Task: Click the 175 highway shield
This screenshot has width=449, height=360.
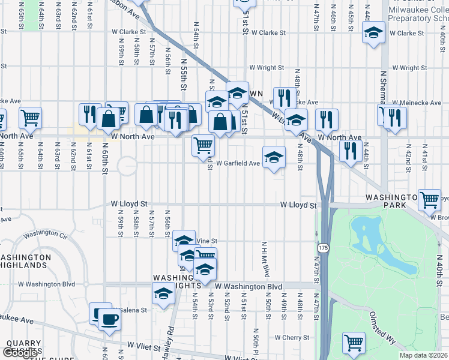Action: click(x=324, y=247)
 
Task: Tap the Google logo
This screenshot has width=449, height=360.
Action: click(x=20, y=353)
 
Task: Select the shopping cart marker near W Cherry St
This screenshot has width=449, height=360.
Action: click(x=354, y=343)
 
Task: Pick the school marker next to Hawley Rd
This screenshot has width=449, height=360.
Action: click(x=163, y=295)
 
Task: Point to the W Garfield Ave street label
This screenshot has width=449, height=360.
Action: click(x=238, y=163)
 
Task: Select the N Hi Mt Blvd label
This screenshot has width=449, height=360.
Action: click(x=263, y=259)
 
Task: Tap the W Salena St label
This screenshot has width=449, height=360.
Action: click(x=127, y=310)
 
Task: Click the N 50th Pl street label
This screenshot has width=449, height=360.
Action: click(x=256, y=342)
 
